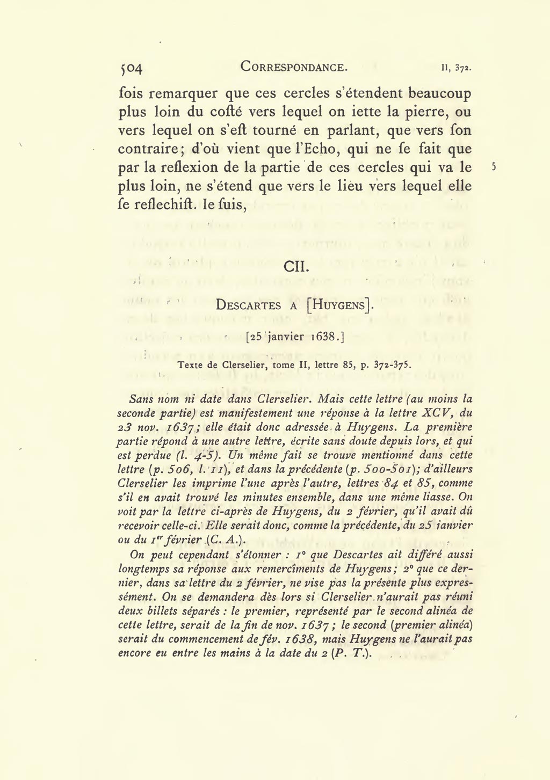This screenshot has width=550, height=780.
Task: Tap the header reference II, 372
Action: tap(456, 69)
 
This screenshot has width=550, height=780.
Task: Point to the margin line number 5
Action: tap(494, 167)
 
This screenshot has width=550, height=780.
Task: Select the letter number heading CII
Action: tap(295, 266)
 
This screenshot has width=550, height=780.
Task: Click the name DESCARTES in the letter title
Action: tap(248, 305)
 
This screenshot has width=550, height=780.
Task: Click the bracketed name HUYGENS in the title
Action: tap(339, 305)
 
